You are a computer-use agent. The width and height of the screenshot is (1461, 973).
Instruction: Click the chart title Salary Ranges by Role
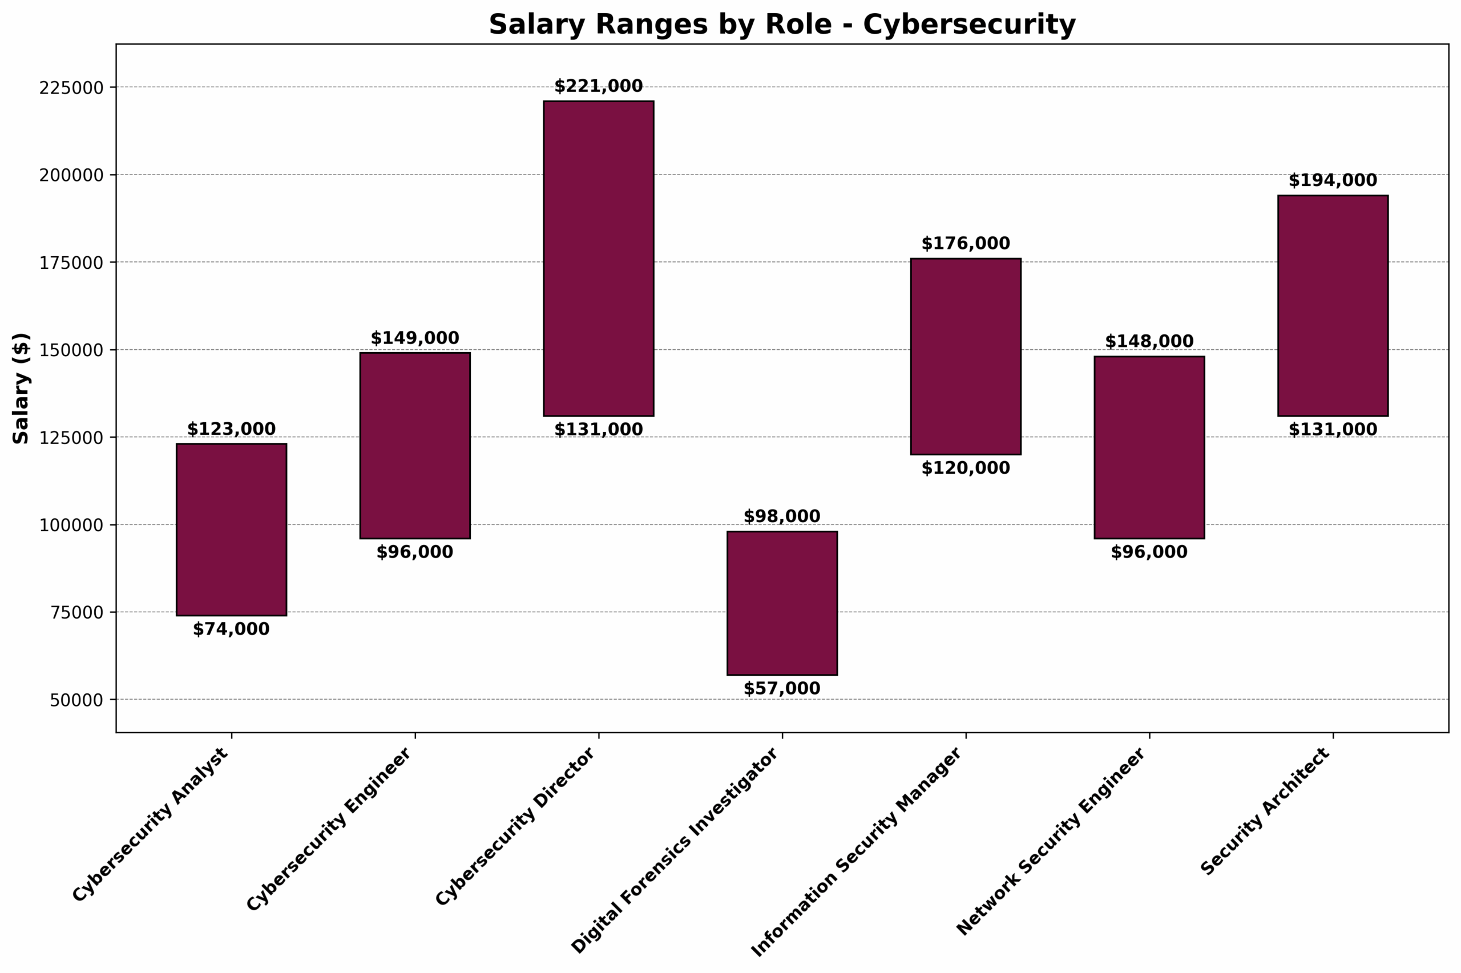point(782,25)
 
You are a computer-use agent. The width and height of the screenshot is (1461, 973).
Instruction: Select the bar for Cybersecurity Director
point(598,258)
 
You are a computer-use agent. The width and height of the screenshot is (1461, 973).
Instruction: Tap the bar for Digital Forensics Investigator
point(782,603)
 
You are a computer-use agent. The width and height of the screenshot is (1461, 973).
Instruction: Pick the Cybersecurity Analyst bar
point(231,530)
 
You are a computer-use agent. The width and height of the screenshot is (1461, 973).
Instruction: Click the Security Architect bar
point(1333,305)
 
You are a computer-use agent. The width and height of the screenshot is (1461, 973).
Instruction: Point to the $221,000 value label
point(598,86)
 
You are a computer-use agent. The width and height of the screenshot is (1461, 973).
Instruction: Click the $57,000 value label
point(782,688)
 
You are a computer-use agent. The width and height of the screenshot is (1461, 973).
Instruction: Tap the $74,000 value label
point(231,629)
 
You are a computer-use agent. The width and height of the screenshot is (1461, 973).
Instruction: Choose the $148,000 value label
point(1149,341)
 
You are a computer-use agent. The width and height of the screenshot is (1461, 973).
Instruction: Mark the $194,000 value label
point(1333,180)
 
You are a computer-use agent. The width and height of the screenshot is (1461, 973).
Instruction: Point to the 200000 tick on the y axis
point(71,175)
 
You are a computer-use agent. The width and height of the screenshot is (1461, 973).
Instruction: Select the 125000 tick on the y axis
point(71,438)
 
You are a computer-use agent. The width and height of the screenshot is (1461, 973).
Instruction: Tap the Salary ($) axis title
point(21,388)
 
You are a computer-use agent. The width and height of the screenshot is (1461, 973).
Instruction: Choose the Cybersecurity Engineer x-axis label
point(329,829)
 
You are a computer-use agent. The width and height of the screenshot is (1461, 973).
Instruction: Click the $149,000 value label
point(414,338)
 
